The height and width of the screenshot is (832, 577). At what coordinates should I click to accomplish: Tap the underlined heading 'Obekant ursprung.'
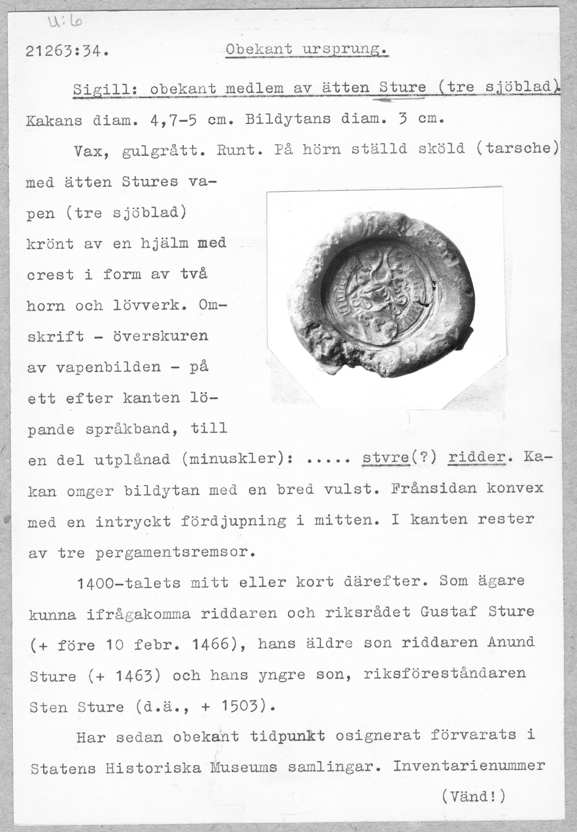pyautogui.click(x=306, y=50)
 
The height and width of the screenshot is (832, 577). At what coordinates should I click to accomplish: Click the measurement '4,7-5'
pyautogui.click(x=173, y=120)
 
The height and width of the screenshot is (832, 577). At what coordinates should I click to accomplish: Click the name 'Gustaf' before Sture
pyautogui.click(x=448, y=611)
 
